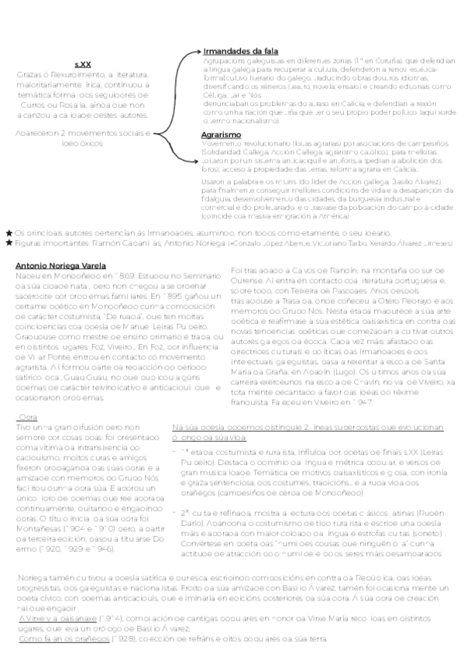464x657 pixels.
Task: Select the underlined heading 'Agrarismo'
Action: point(218,135)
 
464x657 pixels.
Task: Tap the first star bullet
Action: point(9,232)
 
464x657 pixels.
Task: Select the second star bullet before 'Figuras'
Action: point(9,243)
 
